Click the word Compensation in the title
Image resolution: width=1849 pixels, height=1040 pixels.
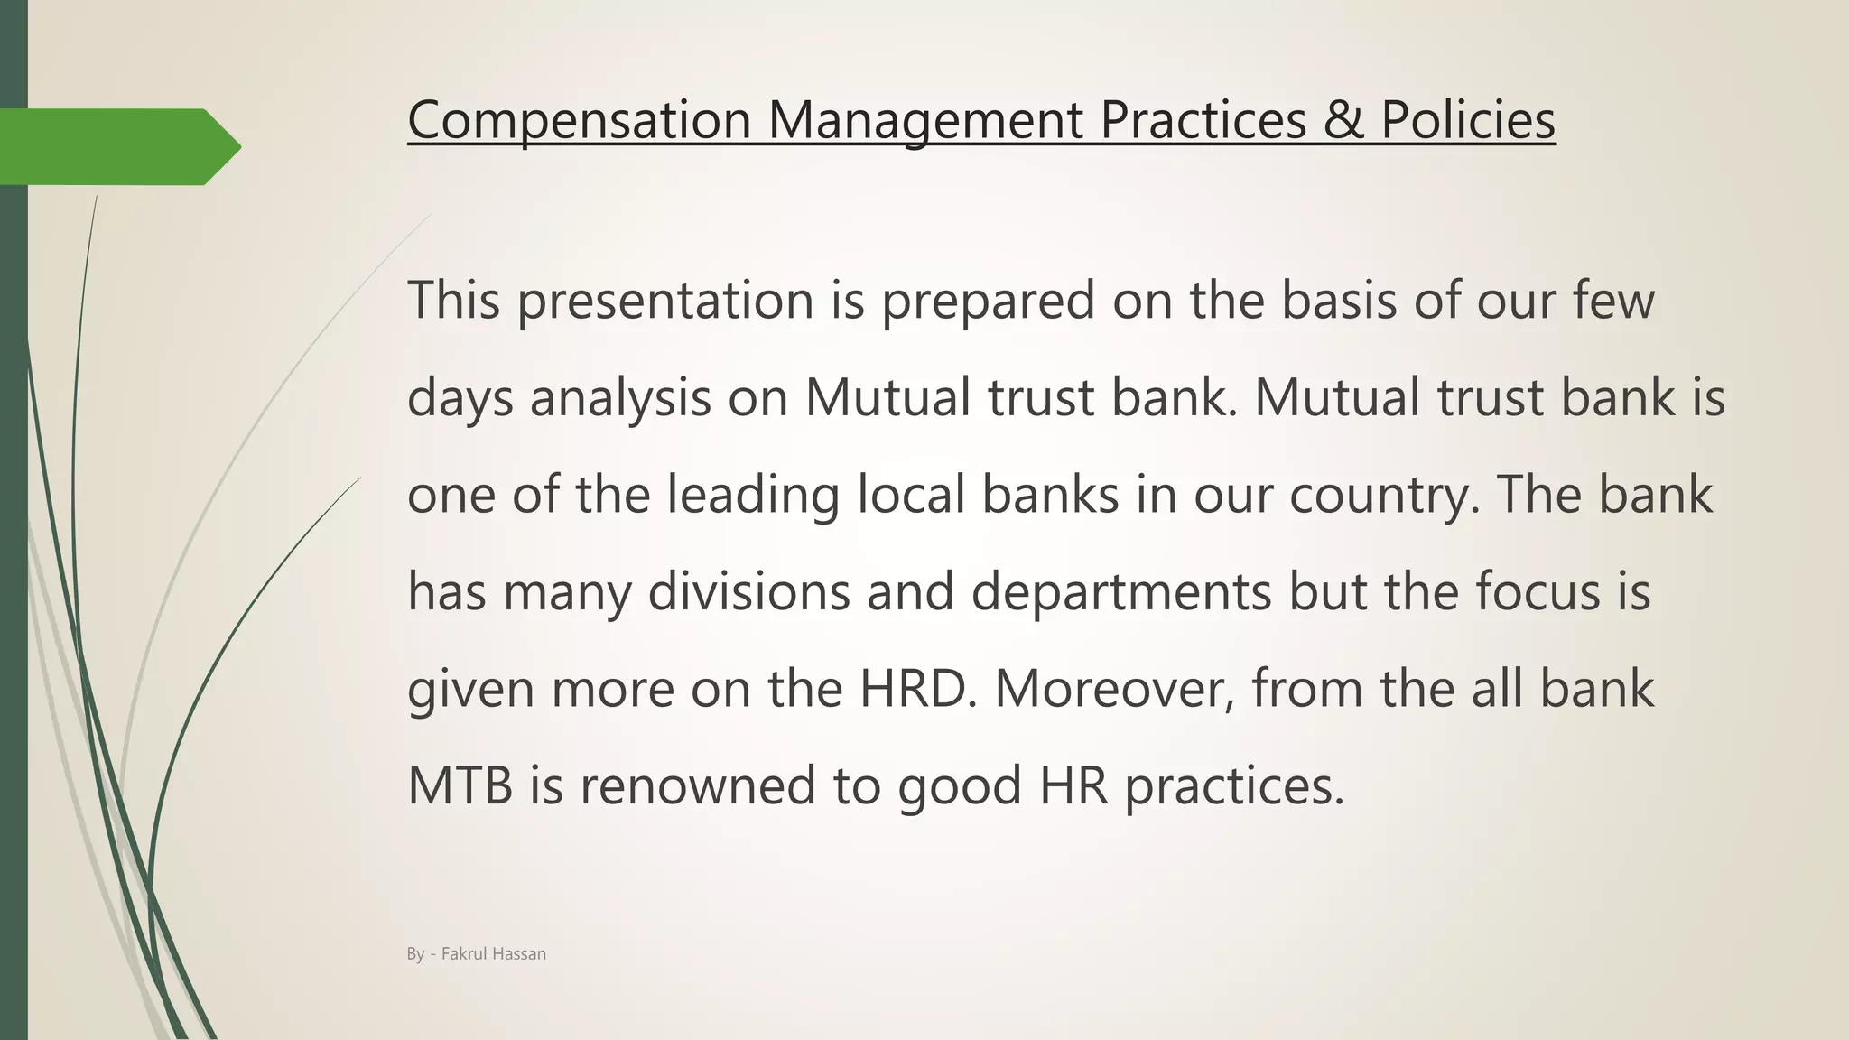(x=579, y=119)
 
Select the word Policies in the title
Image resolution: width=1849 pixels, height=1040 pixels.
(x=1467, y=119)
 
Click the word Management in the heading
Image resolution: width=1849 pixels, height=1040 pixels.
(x=925, y=119)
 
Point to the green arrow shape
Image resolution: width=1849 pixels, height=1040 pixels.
(x=117, y=146)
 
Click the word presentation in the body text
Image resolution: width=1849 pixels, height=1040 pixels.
(x=665, y=300)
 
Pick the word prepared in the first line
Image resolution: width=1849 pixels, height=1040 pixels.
(x=988, y=300)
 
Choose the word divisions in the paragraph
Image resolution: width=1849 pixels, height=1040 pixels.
(x=748, y=591)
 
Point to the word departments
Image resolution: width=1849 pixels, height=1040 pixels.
(x=1121, y=591)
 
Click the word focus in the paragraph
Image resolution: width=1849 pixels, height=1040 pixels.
(x=1538, y=591)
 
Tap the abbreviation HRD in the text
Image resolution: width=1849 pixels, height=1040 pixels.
(x=917, y=689)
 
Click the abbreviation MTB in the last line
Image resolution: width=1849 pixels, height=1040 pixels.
(x=460, y=785)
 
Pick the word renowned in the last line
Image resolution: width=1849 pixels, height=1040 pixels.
(x=698, y=785)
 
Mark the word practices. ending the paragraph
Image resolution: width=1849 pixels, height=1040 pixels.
(x=1234, y=785)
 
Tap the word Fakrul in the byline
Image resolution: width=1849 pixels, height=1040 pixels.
(x=461, y=954)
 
